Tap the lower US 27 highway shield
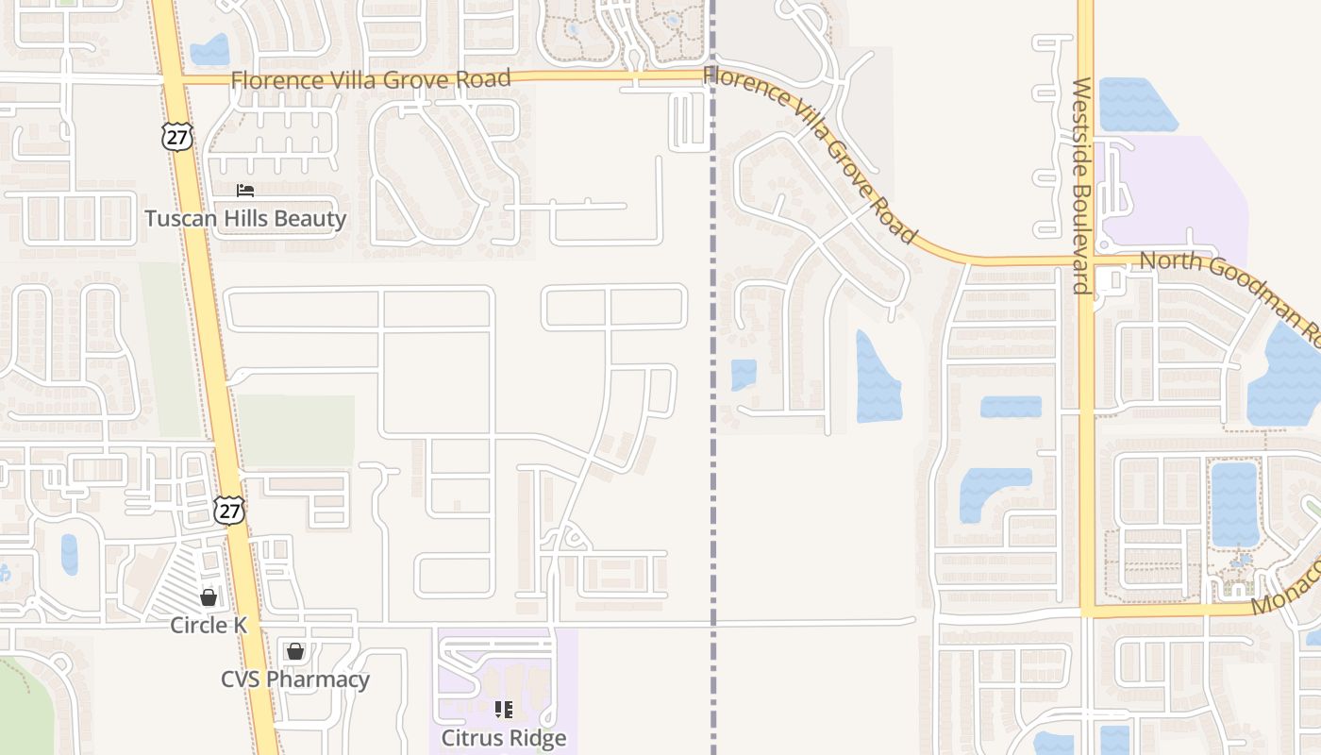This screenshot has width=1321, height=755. point(228,510)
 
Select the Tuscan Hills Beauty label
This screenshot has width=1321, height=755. point(245,219)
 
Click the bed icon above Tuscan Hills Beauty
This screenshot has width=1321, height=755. point(245,191)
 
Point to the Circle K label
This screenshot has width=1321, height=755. point(209,625)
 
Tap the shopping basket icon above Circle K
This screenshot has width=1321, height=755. point(209,597)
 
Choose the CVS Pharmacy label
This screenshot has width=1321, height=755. point(294,679)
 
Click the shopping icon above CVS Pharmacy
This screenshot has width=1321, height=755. point(295,651)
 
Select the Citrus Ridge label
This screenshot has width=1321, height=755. point(504,737)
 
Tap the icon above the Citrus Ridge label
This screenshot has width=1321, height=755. point(504,709)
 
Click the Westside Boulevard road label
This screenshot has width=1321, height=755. point(1081,185)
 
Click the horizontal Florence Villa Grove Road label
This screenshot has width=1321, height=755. point(371,79)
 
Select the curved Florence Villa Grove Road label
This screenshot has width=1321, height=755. point(811,151)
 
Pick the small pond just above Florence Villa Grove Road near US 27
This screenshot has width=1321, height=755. point(209,49)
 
